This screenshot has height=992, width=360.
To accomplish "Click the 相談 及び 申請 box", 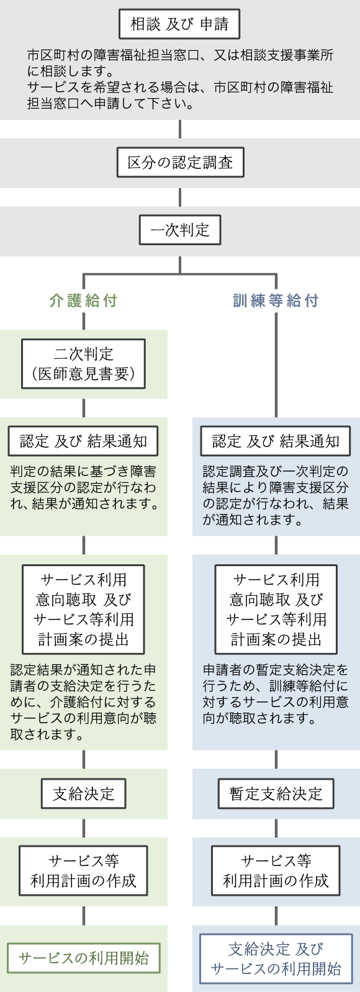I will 179,25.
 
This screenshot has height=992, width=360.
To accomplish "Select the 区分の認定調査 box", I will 180,163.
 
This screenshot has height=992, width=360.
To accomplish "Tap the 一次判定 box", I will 180,230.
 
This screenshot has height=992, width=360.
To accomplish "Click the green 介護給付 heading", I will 83,301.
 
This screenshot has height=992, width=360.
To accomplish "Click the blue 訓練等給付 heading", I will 276,301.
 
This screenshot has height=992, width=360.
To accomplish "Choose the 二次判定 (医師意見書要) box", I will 84,364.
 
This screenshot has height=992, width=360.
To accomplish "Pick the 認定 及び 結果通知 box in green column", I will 83,441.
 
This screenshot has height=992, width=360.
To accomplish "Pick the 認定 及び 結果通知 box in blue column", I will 276,441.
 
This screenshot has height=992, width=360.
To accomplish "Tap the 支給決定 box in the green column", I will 84,793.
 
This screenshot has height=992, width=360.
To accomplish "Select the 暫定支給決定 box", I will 276,793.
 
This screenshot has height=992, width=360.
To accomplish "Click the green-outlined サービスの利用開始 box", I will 84,958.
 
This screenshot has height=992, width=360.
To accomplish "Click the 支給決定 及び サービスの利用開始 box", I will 276,958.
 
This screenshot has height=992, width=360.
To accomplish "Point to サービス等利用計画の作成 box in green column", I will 84,870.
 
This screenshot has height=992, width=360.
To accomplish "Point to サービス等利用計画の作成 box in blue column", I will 276,870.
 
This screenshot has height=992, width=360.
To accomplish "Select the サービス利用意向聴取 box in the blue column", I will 276,609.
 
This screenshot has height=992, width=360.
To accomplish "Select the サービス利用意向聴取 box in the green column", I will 84,609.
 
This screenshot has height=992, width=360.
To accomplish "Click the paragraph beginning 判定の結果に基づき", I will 84,488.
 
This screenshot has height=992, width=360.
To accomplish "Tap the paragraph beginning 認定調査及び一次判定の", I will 276,496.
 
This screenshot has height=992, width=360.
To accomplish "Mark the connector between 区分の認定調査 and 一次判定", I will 180,197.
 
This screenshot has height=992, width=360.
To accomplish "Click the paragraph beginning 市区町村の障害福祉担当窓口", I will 180,79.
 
